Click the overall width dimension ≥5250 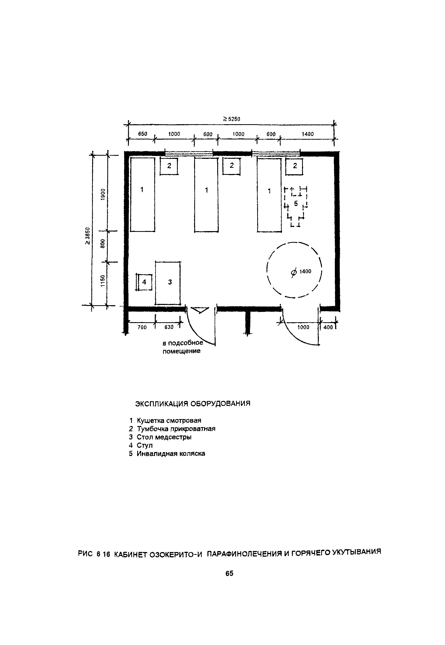click(x=231, y=119)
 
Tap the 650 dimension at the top click(x=143, y=134)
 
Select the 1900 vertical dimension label click(x=103, y=194)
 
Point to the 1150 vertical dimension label click(x=103, y=281)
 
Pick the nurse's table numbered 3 click(x=168, y=283)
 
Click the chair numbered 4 click(x=144, y=282)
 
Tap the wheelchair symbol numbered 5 click(x=296, y=207)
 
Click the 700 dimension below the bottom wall click(x=142, y=327)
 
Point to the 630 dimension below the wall click(x=169, y=327)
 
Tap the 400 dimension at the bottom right click(x=328, y=327)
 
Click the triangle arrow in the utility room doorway click(x=200, y=310)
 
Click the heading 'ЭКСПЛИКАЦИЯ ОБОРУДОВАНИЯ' click(x=193, y=404)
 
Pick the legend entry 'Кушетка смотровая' click(x=169, y=421)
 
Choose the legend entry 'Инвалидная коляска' click(x=171, y=453)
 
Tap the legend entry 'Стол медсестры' click(x=164, y=437)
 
